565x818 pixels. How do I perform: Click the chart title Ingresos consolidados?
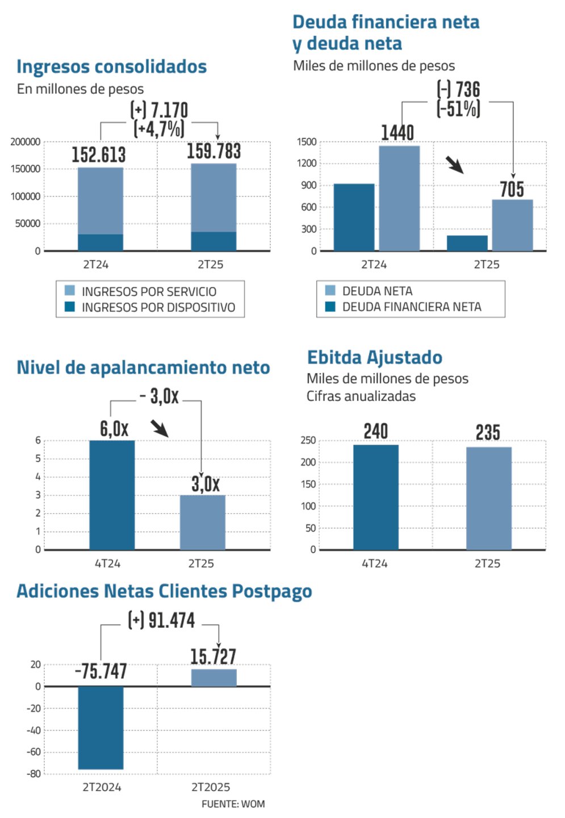tap(111, 66)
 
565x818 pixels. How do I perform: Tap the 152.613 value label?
tap(99, 155)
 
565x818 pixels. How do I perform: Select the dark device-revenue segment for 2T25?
tap(214, 241)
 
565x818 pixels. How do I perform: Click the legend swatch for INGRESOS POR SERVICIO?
tap(70, 291)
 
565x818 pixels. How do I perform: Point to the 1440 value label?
tap(397, 132)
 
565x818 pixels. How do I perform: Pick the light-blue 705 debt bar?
tap(512, 225)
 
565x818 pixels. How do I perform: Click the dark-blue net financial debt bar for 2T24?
tap(354, 217)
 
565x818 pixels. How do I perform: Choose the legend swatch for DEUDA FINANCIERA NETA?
tap(330, 307)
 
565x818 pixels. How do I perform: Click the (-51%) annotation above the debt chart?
tap(458, 108)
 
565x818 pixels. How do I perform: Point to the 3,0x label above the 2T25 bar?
tap(205, 484)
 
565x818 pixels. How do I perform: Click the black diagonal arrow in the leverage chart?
tap(160, 428)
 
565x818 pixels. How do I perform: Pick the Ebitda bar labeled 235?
tap(489, 498)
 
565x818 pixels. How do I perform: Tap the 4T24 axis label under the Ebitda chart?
tap(375, 564)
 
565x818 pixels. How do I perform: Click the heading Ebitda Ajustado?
tap(375, 357)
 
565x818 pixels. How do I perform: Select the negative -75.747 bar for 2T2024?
tap(101, 728)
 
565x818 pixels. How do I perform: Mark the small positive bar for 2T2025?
tap(214, 678)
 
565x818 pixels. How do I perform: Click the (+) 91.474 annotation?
tap(162, 620)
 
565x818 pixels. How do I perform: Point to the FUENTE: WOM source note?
tap(233, 804)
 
